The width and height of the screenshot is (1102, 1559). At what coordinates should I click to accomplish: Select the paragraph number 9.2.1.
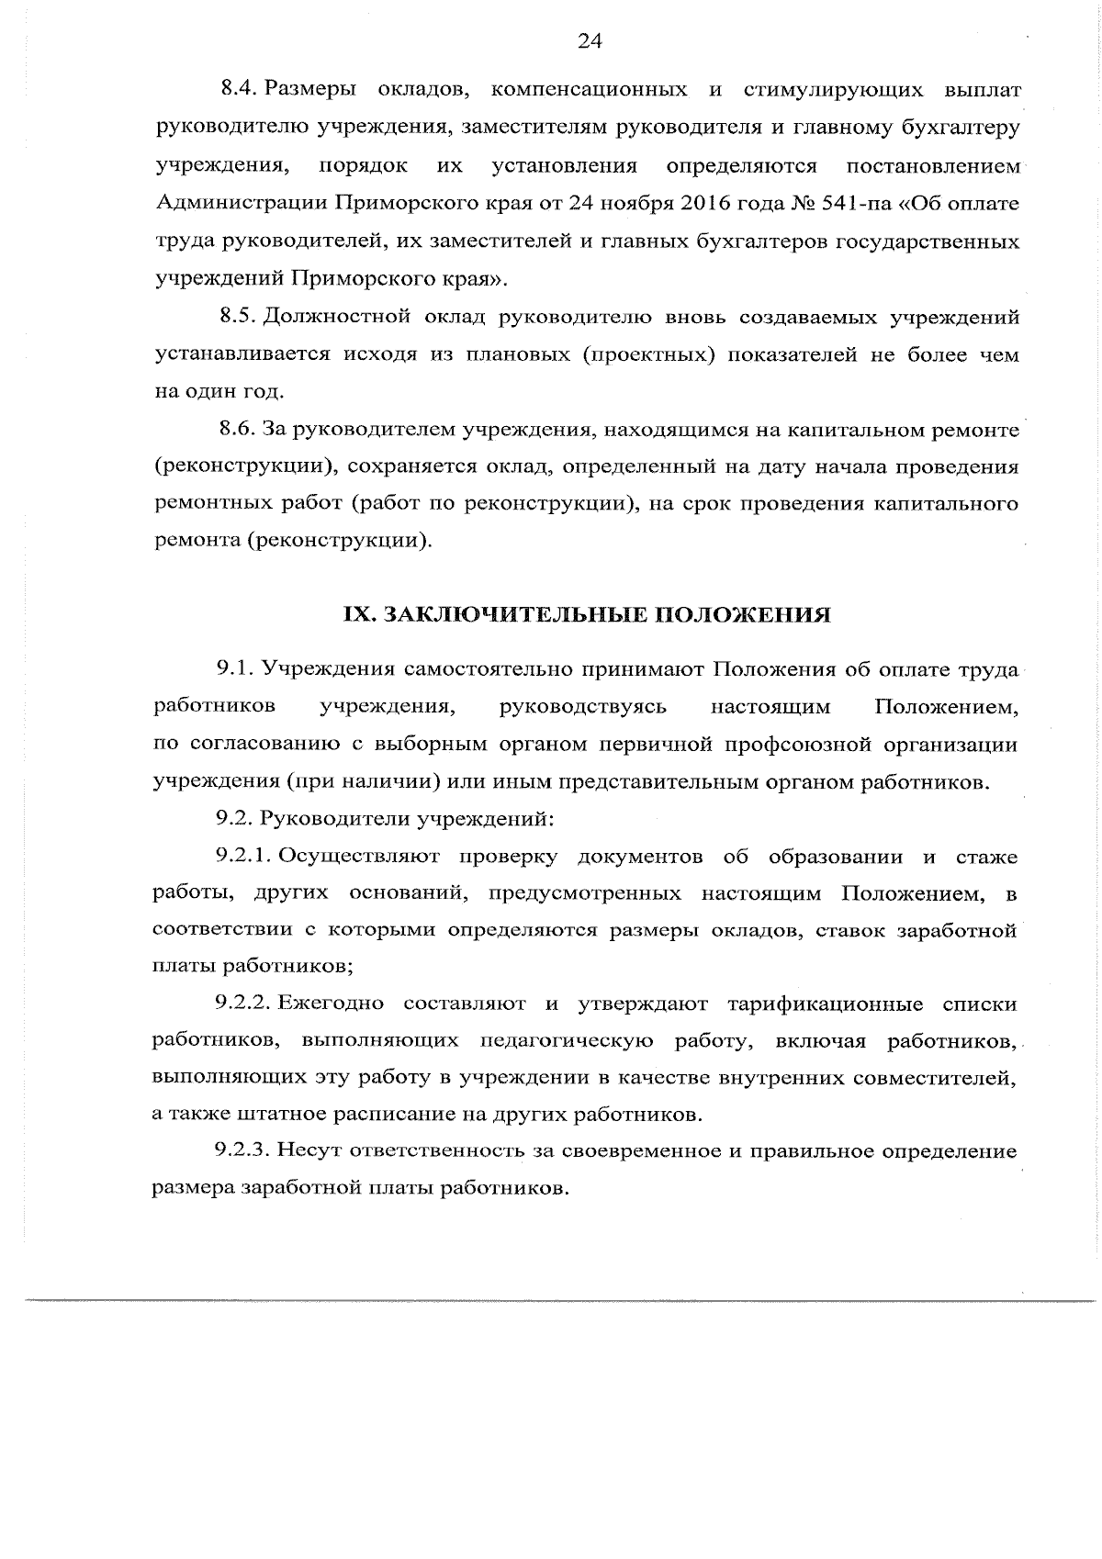[242, 857]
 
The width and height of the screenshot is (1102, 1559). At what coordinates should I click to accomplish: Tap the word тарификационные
[825, 1003]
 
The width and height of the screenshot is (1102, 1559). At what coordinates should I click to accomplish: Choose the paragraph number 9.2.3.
[242, 1150]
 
